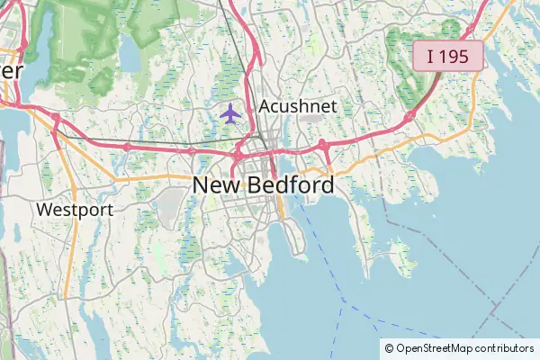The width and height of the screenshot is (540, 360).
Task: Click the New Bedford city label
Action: (x=263, y=185)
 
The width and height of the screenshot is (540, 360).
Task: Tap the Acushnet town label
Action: (x=298, y=106)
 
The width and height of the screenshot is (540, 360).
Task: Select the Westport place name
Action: (x=75, y=210)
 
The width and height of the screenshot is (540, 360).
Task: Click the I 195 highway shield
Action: (x=448, y=56)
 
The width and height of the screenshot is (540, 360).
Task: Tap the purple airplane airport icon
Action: (x=231, y=113)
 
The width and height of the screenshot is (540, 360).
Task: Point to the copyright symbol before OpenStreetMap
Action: (x=389, y=348)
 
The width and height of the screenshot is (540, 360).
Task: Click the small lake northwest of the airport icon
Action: (x=130, y=56)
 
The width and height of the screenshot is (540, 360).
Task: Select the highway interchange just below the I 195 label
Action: (x=409, y=115)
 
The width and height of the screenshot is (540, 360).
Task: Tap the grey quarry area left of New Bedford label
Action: (x=169, y=207)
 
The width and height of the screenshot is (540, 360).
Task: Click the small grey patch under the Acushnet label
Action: (x=311, y=118)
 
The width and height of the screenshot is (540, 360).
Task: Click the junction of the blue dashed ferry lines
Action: (x=344, y=299)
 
